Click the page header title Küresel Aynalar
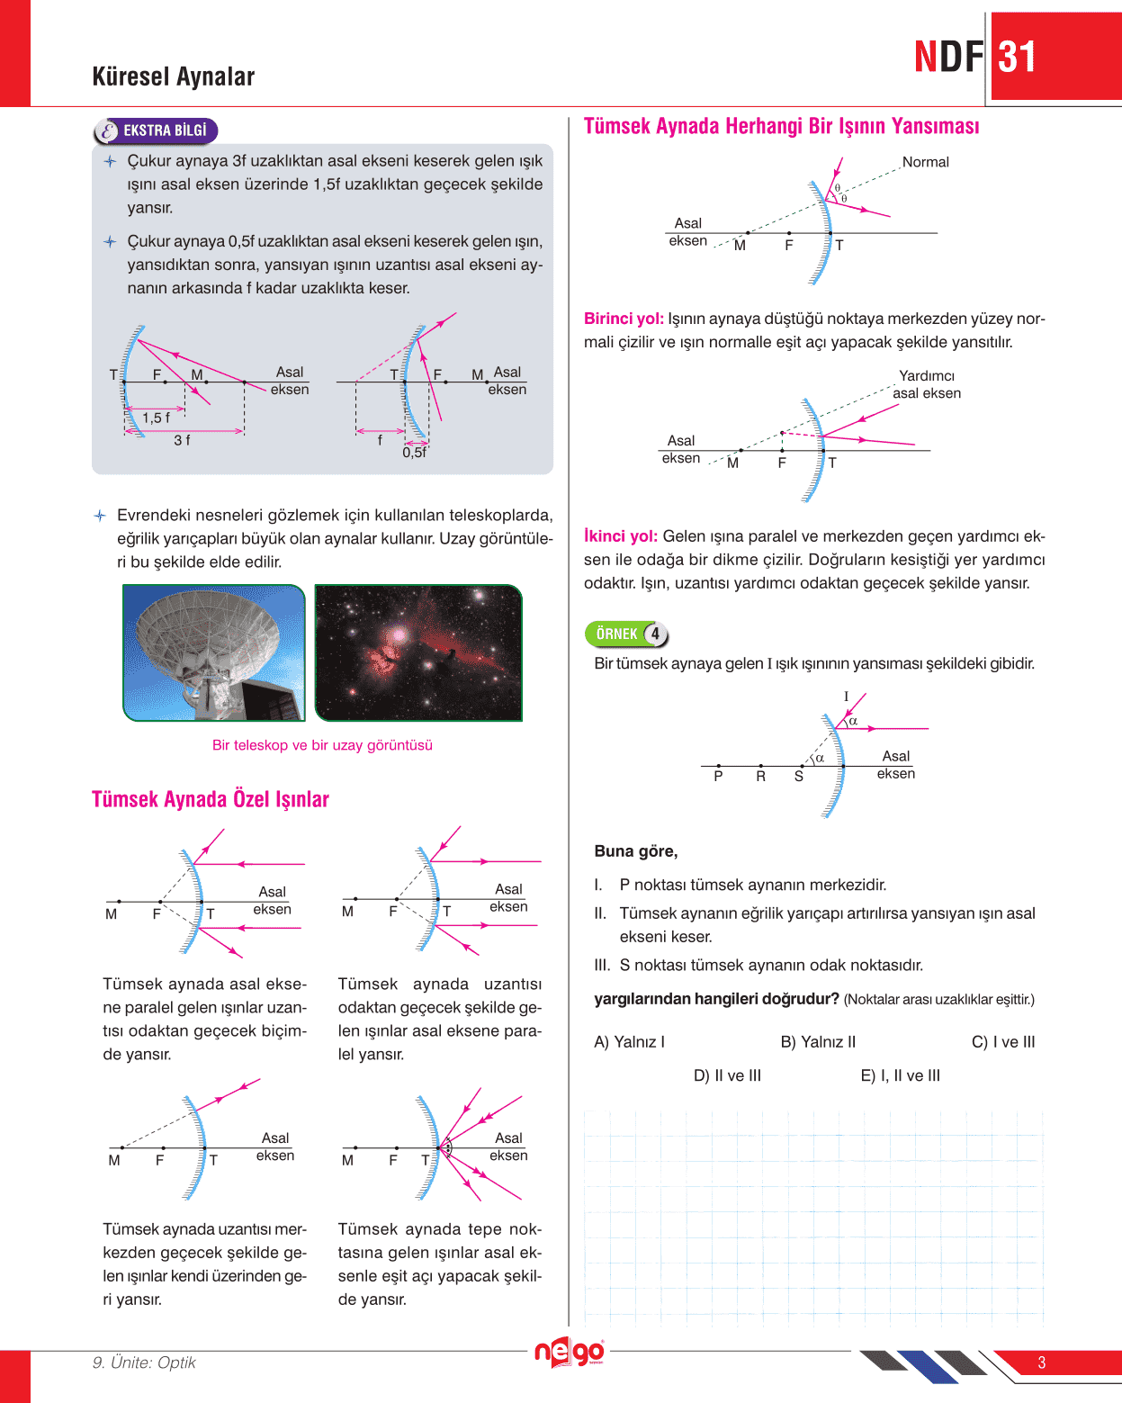[173, 76]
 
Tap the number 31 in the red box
[1018, 58]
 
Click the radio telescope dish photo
[214, 652]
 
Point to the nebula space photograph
[418, 652]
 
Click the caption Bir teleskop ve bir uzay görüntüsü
[322, 745]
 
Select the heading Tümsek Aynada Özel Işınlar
[211, 799]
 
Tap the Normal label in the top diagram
[925, 162]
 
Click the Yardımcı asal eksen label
[927, 384]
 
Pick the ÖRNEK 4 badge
[626, 634]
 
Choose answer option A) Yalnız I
[629, 1042]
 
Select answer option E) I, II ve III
[900, 1075]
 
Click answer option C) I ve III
[1003, 1042]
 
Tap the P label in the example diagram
[718, 776]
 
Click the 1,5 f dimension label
[156, 418]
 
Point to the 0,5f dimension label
[415, 453]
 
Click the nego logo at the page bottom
[569, 1352]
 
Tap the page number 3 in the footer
[1041, 1363]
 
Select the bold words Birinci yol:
[624, 319]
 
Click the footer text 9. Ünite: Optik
[144, 1363]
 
